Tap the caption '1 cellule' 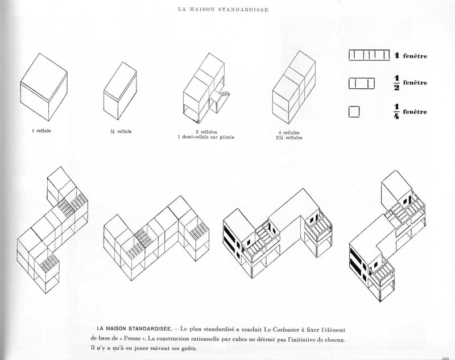coord(43,130)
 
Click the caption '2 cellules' coord(210,131)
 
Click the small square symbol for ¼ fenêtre coord(354,111)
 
